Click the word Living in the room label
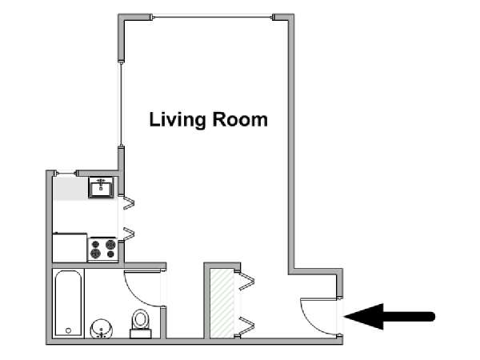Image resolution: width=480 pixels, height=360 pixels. tap(178, 120)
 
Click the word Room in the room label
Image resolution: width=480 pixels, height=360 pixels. tap(240, 119)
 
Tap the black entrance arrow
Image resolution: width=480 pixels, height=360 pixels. tap(390, 317)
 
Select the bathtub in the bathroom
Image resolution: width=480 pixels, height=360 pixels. tap(68, 303)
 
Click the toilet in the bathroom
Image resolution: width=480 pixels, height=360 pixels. tap(141, 323)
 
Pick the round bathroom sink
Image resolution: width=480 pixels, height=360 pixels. tap(101, 329)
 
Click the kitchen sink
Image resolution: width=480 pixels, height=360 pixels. tap(101, 187)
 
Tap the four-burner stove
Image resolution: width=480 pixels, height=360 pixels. tap(103, 249)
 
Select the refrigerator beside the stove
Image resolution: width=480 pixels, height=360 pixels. tap(70, 248)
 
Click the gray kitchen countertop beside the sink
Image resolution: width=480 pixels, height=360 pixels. tap(70, 189)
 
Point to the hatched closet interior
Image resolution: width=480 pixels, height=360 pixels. tap(222, 303)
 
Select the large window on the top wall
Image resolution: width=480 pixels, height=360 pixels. tap(213, 17)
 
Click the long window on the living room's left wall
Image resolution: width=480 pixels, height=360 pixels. tap(122, 104)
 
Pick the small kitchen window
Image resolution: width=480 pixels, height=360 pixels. tap(66, 174)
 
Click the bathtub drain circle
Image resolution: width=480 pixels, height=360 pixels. tap(68, 330)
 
